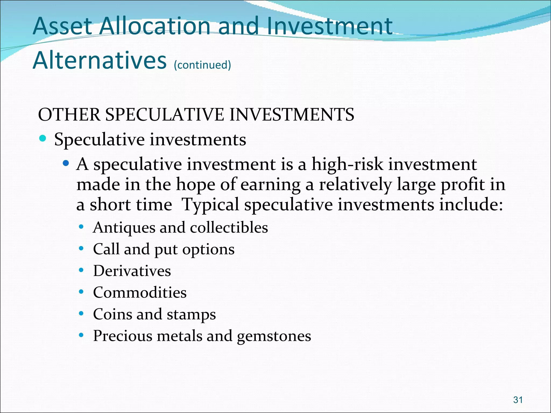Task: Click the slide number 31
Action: click(x=518, y=400)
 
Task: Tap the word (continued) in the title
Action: click(x=202, y=65)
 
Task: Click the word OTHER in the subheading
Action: click(x=69, y=115)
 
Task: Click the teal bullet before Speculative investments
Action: click(x=43, y=138)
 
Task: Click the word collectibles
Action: click(x=229, y=227)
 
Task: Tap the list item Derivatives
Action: click(x=132, y=271)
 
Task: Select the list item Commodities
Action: click(x=140, y=293)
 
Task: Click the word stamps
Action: click(x=191, y=315)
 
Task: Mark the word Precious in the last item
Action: click(x=123, y=336)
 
